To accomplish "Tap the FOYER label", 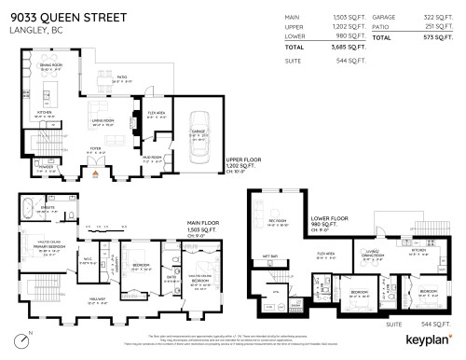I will [94, 148].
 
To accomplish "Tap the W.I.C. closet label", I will [87, 260].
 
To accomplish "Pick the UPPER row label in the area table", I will [293, 28].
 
